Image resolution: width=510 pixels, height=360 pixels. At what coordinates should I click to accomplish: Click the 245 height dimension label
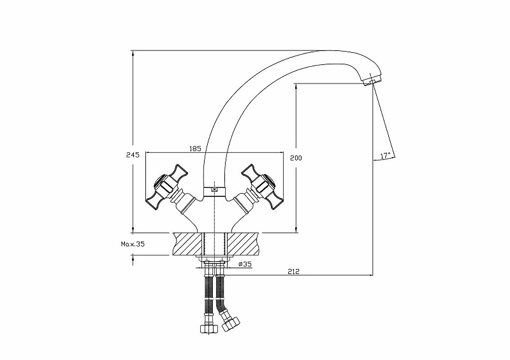click(x=133, y=155)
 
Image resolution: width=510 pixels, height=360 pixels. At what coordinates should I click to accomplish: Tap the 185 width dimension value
click(x=195, y=148)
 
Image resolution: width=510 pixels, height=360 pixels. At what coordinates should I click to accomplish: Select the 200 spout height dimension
click(x=296, y=158)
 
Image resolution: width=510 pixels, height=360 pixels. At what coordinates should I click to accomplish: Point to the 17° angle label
click(x=385, y=155)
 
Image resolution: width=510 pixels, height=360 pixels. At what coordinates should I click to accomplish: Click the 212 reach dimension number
click(x=294, y=271)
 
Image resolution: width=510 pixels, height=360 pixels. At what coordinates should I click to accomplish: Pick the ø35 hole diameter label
click(x=245, y=264)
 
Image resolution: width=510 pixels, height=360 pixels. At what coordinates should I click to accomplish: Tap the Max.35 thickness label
click(x=133, y=244)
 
